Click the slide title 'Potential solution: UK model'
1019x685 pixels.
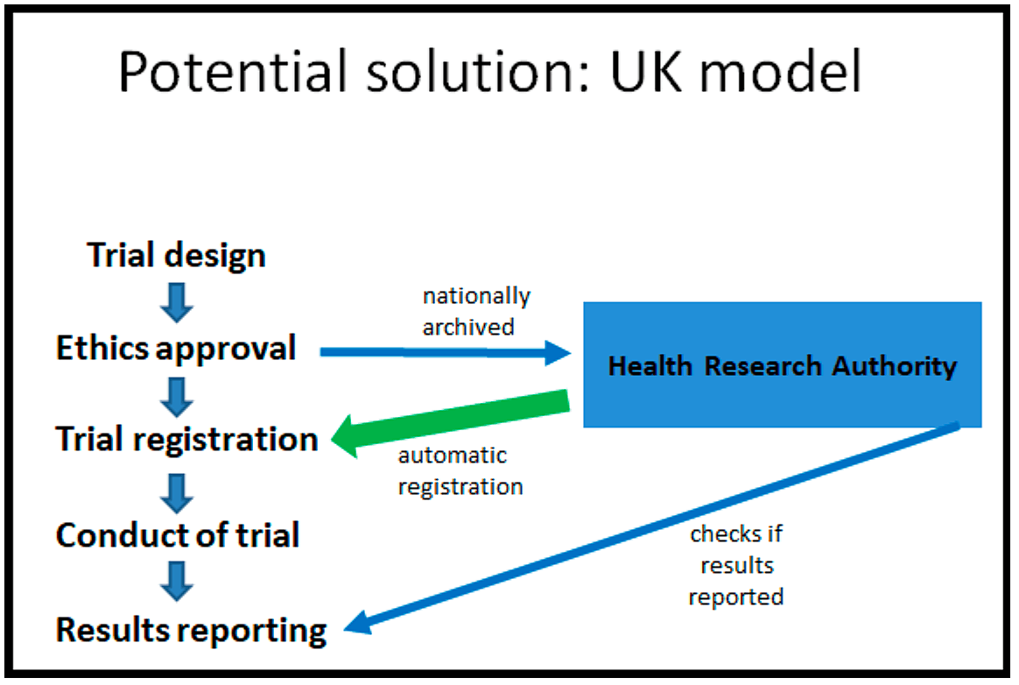pos(490,72)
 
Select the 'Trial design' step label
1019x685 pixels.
pos(176,256)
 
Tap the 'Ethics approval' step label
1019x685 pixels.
pos(176,349)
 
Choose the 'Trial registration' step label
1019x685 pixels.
pos(186,439)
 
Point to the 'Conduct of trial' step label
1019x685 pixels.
pos(178,535)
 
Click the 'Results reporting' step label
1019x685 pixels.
pos(191,630)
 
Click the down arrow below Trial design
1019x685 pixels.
pos(178,301)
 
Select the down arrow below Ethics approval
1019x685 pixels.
pos(178,395)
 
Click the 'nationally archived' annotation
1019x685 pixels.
pos(476,311)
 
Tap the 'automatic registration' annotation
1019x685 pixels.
pos(460,471)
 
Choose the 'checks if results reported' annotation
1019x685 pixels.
pos(735,566)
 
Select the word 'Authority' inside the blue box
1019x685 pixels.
pos(894,365)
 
